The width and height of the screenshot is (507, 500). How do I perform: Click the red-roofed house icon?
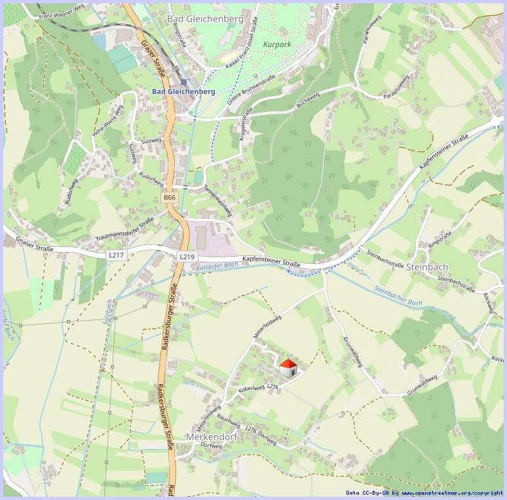click(x=288, y=368)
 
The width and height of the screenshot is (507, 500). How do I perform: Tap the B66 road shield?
click(x=170, y=197)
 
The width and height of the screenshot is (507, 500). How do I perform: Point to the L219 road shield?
click(x=187, y=257)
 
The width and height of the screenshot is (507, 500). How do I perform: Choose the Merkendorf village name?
click(x=210, y=436)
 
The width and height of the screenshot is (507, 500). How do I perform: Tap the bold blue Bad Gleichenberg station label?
click(x=183, y=92)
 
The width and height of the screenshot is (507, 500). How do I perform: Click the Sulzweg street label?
click(x=151, y=141)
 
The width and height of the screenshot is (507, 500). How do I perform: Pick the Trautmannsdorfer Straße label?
click(x=124, y=228)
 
